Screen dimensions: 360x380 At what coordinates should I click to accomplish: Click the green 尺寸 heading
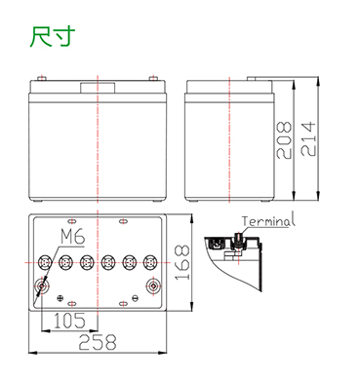coord(53,36)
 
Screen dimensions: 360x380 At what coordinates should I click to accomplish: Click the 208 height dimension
coord(284,140)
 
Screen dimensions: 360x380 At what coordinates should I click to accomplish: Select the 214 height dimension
coord(308,139)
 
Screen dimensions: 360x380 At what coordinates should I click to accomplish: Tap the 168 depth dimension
coord(182,263)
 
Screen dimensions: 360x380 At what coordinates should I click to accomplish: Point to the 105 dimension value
coord(69,321)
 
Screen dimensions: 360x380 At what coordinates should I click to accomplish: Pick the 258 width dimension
coord(98,342)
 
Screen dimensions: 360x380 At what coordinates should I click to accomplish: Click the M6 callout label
coord(73,237)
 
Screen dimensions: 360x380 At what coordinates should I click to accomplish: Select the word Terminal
coord(268,220)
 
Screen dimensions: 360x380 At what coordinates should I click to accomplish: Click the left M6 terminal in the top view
coord(42,285)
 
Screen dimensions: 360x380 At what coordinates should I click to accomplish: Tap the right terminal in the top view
coord(153,285)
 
